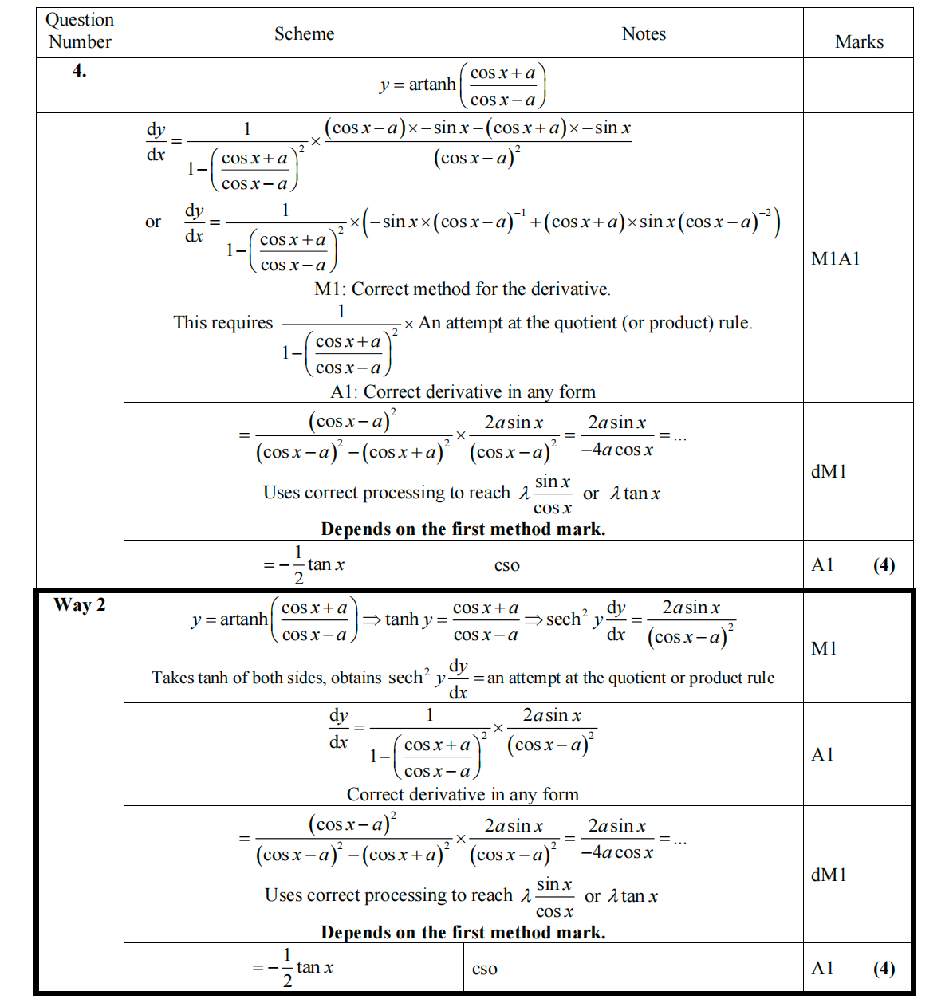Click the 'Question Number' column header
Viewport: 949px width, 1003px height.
(x=80, y=31)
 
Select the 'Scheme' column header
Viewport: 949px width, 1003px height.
(x=304, y=33)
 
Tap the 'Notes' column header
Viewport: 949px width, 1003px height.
(x=644, y=33)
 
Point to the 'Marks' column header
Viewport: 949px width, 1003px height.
(x=859, y=41)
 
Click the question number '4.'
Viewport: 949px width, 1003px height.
(x=80, y=71)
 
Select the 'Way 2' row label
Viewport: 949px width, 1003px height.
(x=79, y=605)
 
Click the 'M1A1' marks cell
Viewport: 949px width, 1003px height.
(x=835, y=258)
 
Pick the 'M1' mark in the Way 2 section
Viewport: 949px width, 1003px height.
(x=824, y=648)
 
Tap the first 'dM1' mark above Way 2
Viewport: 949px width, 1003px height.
(x=829, y=471)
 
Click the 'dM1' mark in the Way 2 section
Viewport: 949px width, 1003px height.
(x=829, y=875)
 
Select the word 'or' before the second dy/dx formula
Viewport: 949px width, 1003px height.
(x=153, y=222)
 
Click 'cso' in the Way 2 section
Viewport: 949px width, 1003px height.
(x=484, y=969)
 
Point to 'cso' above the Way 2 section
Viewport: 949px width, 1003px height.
(x=506, y=565)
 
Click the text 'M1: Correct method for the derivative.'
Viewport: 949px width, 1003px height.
(x=463, y=289)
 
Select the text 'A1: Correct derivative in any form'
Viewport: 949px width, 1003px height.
(x=463, y=391)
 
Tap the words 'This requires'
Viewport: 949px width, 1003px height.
(x=223, y=322)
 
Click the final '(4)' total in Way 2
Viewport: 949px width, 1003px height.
(x=884, y=968)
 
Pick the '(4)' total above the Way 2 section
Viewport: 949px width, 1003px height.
(x=884, y=564)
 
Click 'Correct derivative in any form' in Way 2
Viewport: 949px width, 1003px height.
(x=463, y=794)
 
